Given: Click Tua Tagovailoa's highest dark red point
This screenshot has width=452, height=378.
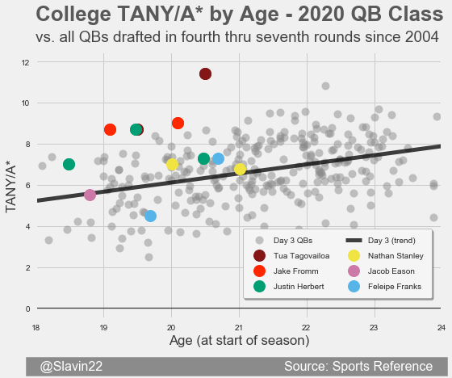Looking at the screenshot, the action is point(205,73).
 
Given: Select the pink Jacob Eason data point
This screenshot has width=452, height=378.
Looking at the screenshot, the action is point(90,195).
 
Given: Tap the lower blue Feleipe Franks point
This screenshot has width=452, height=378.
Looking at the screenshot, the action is point(150,216).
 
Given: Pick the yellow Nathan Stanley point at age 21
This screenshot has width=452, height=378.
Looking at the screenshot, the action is point(240,169).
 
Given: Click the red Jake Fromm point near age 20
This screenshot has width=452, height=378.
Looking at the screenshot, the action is point(178,124).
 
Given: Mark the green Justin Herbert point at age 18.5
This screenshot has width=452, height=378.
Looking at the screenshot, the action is point(69,165).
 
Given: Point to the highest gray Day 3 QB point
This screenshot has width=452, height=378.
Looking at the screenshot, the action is point(325,86).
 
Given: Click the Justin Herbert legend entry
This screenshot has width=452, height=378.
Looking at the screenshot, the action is point(289,287).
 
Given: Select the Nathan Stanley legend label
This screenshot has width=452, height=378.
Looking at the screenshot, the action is point(395,256).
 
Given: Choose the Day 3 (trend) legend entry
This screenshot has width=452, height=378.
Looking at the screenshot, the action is point(380,241).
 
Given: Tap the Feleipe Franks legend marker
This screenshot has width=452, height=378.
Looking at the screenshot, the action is point(354,287).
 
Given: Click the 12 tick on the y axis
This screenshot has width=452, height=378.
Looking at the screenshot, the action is point(26,63).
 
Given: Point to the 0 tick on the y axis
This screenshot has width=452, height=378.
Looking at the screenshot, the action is point(27,309).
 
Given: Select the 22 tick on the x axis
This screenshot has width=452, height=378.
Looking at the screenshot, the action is point(306,328).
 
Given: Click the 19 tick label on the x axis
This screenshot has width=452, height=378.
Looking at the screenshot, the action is point(103,328).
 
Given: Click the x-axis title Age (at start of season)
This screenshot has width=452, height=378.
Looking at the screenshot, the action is point(239,341).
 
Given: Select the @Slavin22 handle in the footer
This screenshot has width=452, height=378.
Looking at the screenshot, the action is point(71,367).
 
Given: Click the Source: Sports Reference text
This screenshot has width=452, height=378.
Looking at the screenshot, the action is point(358,367).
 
